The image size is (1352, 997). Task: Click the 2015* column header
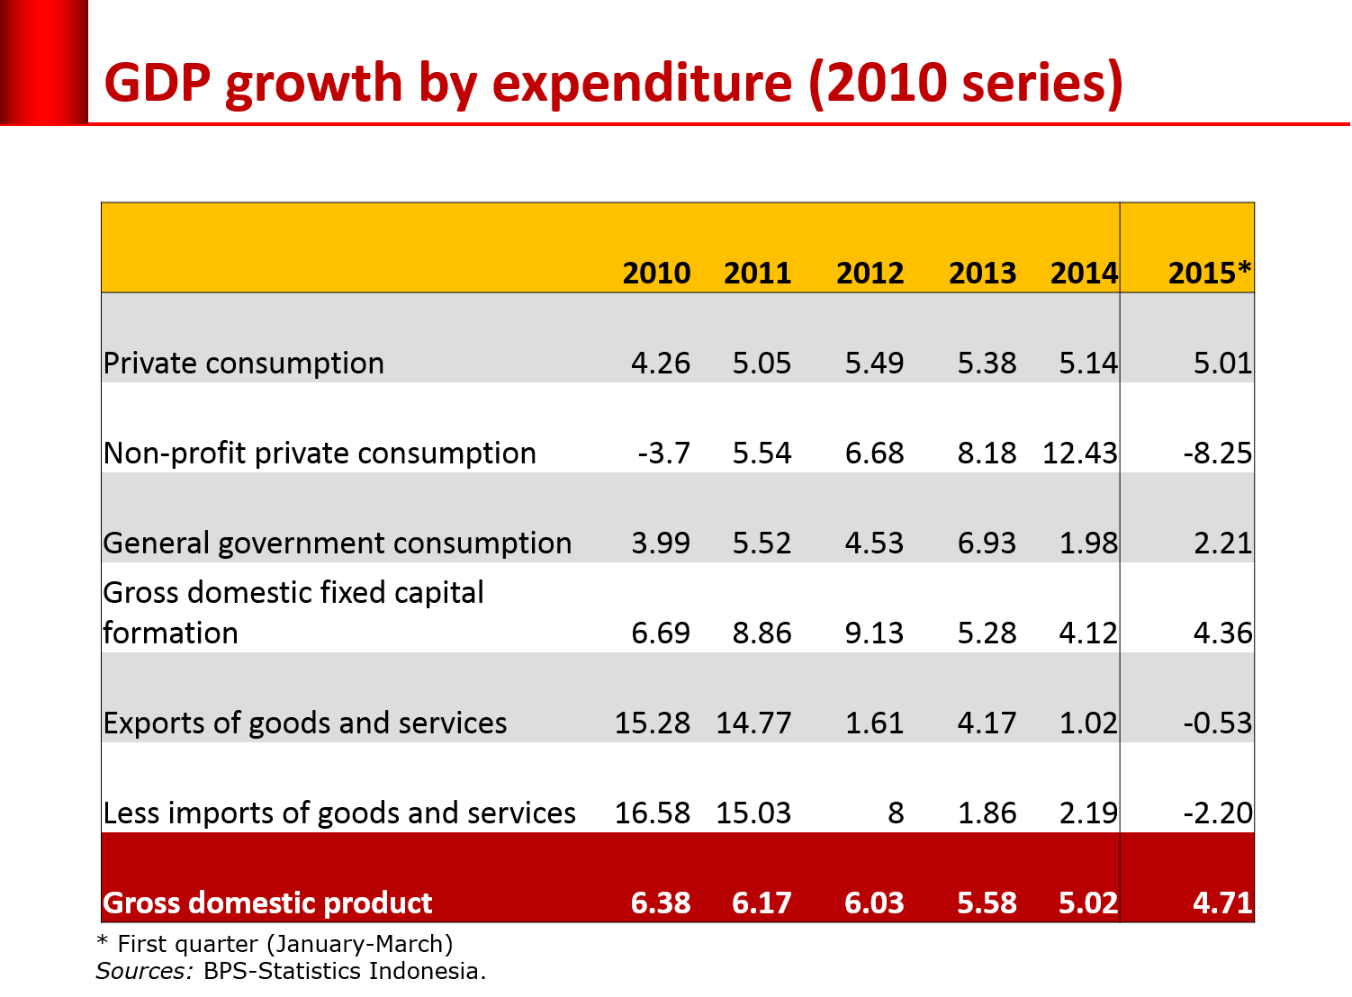point(1209,273)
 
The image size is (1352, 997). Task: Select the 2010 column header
point(656,273)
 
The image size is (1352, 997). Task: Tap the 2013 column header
point(982,273)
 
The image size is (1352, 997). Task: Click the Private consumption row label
point(244,363)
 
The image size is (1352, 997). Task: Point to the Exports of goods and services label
point(305,723)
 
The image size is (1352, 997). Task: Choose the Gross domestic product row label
point(267,903)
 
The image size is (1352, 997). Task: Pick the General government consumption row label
point(338,543)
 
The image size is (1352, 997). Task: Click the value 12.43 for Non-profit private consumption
point(1079,453)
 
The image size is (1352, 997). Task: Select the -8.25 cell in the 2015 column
point(1217,453)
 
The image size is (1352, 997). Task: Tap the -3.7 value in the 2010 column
point(663,453)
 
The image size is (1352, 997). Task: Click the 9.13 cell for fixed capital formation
point(874,633)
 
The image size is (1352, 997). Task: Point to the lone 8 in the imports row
point(895,813)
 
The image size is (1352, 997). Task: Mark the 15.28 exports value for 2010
point(652,723)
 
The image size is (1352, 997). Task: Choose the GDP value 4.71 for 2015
point(1221,903)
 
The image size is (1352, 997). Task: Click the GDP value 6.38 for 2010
point(661,903)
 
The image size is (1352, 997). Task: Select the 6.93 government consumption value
point(987,543)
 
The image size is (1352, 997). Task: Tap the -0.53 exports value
point(1217,723)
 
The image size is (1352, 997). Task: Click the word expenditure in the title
point(643,84)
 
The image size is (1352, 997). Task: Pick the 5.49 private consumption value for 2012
point(874,363)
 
